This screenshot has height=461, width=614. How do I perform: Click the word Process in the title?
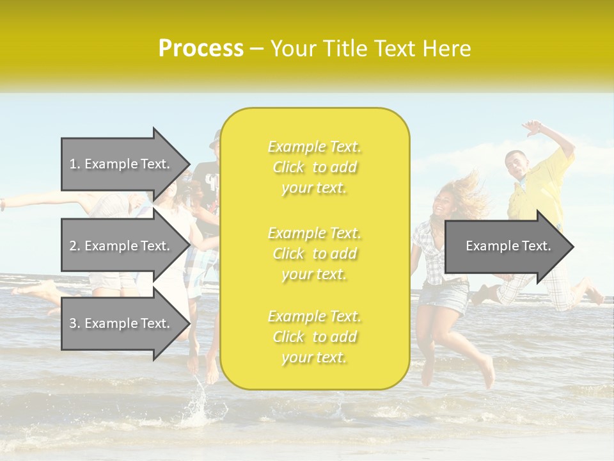tap(201, 49)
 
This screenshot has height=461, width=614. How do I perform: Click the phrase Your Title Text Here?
tap(370, 49)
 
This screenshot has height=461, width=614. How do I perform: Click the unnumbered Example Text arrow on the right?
tap(508, 246)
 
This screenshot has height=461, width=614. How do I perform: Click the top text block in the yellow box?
tap(314, 167)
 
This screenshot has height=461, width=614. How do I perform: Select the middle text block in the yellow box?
tap(314, 254)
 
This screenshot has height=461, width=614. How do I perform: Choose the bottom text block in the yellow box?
tap(314, 337)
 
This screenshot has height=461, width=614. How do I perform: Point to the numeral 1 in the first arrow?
tap(72, 164)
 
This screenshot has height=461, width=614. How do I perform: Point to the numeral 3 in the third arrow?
tap(72, 323)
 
